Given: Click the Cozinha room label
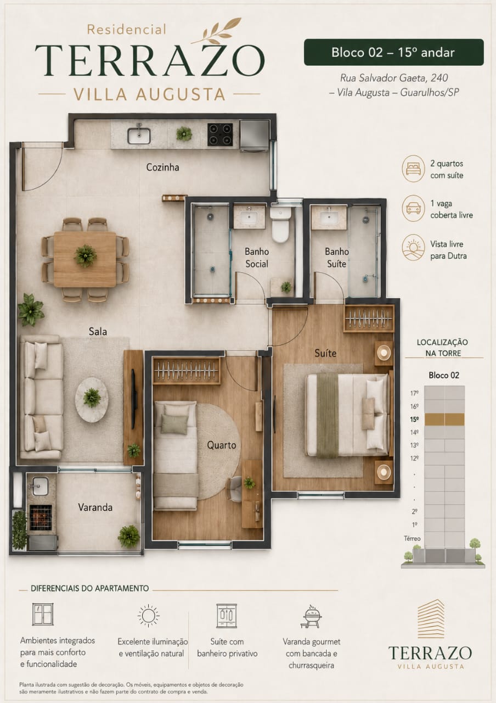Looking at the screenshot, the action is click(x=162, y=168).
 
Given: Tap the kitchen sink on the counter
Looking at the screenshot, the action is click(x=139, y=135).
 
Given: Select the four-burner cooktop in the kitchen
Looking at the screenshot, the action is click(x=220, y=135).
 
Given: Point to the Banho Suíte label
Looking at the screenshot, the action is click(x=337, y=258).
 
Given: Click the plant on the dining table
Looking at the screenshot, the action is click(x=85, y=256).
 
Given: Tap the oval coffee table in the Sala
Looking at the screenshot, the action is click(x=92, y=399).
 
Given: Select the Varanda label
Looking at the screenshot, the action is click(x=95, y=507).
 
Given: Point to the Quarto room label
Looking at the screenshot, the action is click(x=221, y=445).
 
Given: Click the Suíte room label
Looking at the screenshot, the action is click(x=325, y=353).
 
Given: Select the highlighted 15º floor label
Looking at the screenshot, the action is click(x=414, y=420).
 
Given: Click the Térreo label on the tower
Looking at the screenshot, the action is click(x=412, y=539).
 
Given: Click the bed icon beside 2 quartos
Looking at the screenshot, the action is click(x=413, y=169).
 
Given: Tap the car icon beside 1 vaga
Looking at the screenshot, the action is click(x=413, y=208).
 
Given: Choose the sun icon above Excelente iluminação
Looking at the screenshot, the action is click(x=149, y=616).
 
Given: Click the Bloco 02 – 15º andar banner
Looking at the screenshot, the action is click(x=393, y=52).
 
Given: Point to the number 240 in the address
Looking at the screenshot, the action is click(x=439, y=78).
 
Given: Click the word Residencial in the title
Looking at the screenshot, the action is click(x=127, y=30).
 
